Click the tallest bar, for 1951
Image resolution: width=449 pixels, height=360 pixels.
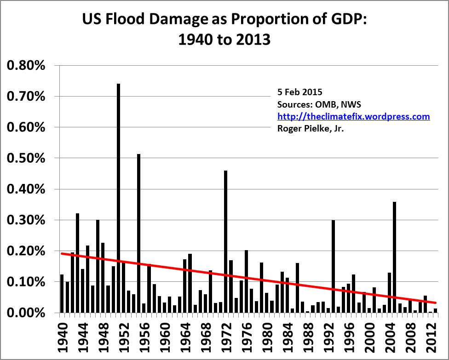coord(118,198)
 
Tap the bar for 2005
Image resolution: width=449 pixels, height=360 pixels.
coord(395,257)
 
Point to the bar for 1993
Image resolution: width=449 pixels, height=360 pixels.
coord(333,266)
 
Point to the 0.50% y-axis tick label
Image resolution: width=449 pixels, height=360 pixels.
coord(26,158)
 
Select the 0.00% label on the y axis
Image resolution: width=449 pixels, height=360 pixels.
coord(26,313)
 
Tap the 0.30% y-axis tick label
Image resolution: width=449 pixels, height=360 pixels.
coord(26,220)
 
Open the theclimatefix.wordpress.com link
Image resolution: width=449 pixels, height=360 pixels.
coord(354,117)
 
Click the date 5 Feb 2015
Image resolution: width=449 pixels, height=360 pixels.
coord(297,93)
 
